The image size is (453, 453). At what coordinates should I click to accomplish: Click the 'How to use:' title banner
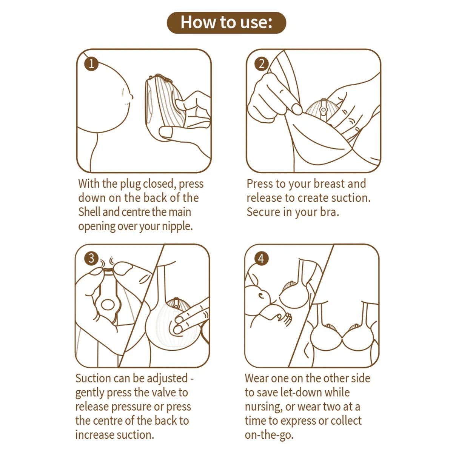(226, 23)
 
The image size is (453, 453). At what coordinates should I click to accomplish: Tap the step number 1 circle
(91, 63)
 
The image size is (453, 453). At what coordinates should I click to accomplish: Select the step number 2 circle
(261, 64)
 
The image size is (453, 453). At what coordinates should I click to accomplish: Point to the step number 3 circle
(91, 259)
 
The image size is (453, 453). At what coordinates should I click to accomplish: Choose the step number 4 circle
(261, 259)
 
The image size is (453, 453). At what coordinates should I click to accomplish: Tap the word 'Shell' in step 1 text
(89, 212)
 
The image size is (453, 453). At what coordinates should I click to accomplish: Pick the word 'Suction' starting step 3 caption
(94, 378)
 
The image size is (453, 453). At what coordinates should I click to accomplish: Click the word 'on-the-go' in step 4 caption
(268, 435)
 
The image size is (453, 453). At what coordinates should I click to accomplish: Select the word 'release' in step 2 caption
(264, 198)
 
